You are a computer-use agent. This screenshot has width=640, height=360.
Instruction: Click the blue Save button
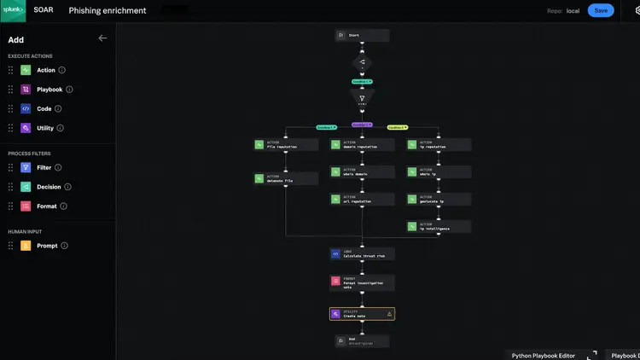(601, 10)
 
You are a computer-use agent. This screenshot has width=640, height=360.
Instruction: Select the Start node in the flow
(362, 35)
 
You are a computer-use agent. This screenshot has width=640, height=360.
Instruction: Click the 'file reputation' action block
(285, 145)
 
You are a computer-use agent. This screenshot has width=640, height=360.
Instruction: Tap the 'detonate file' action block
(285, 178)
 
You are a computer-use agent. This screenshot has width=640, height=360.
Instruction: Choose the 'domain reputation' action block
(362, 145)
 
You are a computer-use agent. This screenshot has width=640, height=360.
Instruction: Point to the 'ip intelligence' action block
(439, 226)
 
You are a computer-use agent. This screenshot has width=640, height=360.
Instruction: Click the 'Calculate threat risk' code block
(362, 253)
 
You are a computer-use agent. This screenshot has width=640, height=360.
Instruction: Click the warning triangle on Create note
(389, 314)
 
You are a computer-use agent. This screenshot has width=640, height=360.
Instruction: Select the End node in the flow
(362, 340)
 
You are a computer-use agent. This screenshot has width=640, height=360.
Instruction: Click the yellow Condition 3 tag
(397, 126)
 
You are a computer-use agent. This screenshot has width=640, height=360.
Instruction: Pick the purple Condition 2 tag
(362, 125)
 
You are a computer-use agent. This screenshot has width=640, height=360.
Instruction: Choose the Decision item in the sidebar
(49, 187)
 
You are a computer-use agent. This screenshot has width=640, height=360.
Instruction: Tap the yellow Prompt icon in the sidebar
(26, 246)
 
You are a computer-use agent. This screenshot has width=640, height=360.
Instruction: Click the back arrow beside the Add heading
(102, 38)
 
